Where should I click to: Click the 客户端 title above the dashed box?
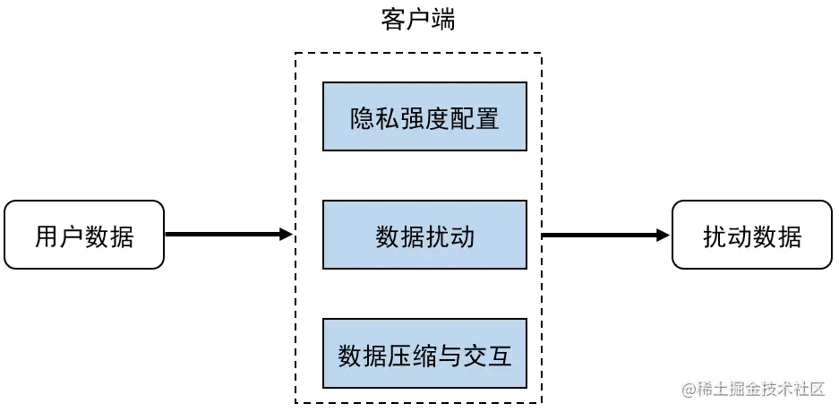(x=418, y=20)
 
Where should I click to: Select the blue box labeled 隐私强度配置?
(x=424, y=116)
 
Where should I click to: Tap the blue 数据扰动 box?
(x=424, y=236)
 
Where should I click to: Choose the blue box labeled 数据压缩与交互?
(x=424, y=354)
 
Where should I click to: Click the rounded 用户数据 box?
(x=84, y=236)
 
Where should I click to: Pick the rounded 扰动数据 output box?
(x=752, y=236)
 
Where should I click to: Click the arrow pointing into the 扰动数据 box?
(x=605, y=236)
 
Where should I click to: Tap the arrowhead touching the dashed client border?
(x=287, y=236)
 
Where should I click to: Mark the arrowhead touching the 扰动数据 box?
(x=663, y=236)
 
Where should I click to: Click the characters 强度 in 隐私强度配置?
(x=424, y=117)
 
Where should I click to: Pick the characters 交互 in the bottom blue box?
(x=487, y=355)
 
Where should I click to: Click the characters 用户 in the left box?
(x=59, y=236)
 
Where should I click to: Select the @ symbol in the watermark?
(x=689, y=390)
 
